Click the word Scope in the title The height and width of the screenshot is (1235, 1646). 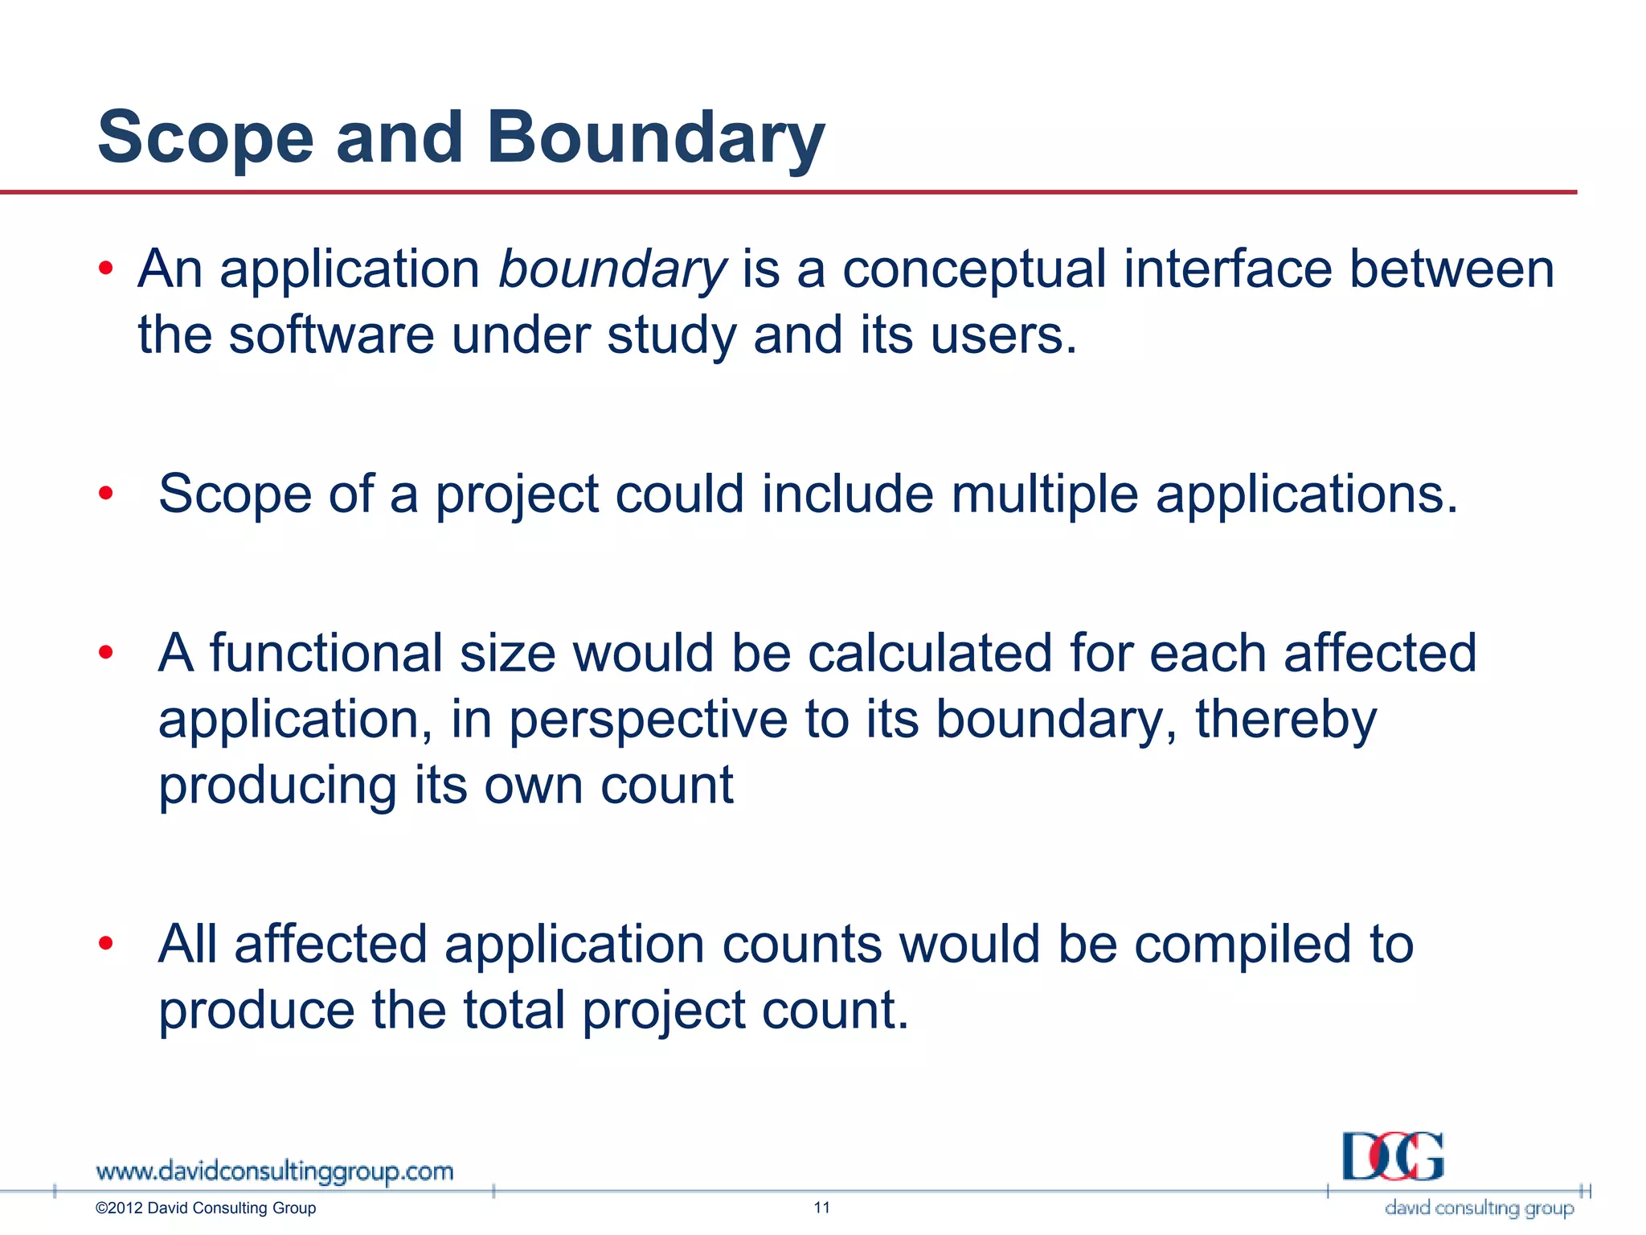(205, 138)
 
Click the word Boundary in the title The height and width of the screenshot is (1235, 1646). (655, 138)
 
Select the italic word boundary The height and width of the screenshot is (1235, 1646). (612, 269)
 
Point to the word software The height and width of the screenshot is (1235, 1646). (331, 335)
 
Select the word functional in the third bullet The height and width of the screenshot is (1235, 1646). (326, 653)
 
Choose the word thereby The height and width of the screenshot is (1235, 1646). (1286, 719)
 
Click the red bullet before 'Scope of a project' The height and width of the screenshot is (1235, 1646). (106, 493)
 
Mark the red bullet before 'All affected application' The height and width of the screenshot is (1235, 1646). (106, 943)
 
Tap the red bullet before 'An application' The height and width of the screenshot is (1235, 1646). (106, 269)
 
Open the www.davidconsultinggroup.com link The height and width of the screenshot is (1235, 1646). (275, 1172)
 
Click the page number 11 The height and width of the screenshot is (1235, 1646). (821, 1208)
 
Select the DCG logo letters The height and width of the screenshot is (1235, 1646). (1393, 1157)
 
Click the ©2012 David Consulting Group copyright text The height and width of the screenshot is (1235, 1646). (206, 1208)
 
